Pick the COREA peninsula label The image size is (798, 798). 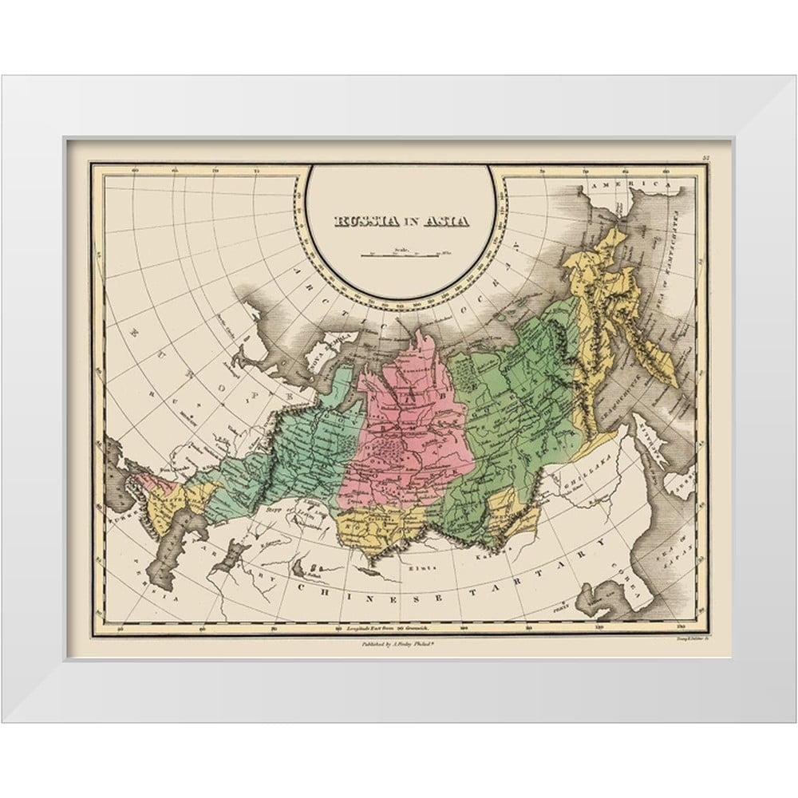[x=630, y=591]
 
